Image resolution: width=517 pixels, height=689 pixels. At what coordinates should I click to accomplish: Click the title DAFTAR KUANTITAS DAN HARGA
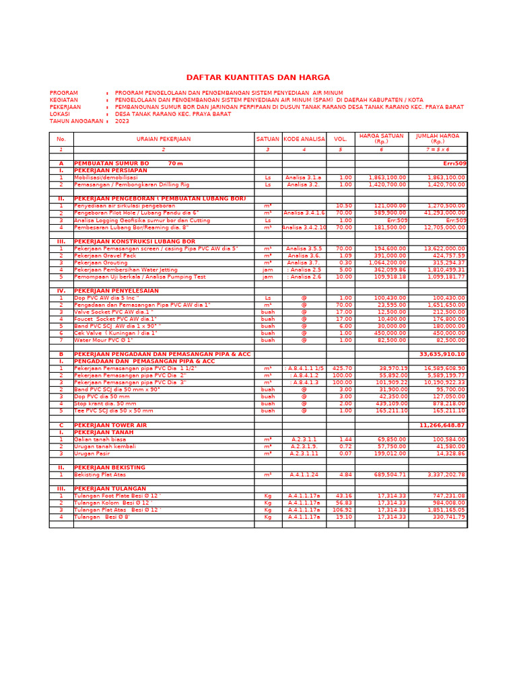(258, 78)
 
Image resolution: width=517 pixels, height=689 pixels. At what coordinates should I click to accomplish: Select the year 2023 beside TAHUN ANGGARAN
(122, 122)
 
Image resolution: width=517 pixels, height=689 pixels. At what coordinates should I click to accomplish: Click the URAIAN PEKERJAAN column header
(164, 139)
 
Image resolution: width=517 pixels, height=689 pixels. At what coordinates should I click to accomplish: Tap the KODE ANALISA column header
(304, 139)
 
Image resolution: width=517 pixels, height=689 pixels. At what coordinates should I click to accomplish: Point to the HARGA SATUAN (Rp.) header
(381, 139)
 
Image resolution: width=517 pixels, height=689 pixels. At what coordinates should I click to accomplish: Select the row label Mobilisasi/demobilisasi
(106, 178)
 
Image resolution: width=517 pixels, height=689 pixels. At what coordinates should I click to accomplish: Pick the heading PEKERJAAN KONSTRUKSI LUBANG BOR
(135, 241)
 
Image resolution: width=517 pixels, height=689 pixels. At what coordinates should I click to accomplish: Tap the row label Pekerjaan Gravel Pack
(105, 256)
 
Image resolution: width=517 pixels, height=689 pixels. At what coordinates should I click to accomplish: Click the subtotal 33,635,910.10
(442, 354)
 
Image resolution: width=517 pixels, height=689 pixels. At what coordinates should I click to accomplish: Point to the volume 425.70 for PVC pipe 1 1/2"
(341, 368)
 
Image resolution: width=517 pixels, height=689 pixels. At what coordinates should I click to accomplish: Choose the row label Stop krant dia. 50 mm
(105, 404)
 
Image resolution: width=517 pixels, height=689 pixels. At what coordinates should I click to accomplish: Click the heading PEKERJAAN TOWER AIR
(110, 425)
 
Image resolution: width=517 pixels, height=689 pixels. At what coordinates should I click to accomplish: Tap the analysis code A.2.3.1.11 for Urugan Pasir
(304, 454)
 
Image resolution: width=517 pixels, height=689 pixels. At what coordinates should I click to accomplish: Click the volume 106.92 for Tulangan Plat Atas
(341, 510)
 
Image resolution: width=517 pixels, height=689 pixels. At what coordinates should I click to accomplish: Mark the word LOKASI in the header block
(60, 114)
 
